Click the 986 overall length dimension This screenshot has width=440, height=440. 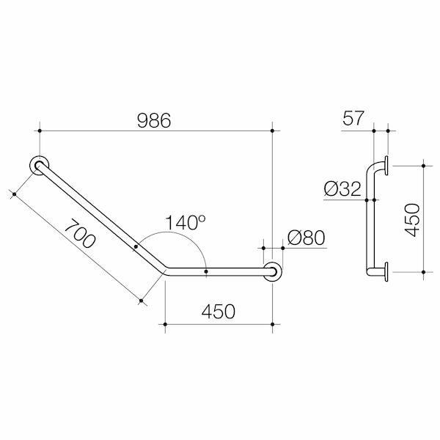tap(154, 121)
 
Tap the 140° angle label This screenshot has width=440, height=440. tap(186, 222)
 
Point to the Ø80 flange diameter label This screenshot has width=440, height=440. tap(307, 238)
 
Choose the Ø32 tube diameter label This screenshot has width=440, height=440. tap(342, 188)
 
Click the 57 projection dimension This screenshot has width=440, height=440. tap(353, 118)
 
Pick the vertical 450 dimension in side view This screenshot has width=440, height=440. tap(412, 220)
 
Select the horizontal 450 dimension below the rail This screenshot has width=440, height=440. tap(219, 311)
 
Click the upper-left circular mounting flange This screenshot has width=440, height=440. tap(39, 165)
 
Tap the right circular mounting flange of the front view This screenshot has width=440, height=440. tap(273, 271)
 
